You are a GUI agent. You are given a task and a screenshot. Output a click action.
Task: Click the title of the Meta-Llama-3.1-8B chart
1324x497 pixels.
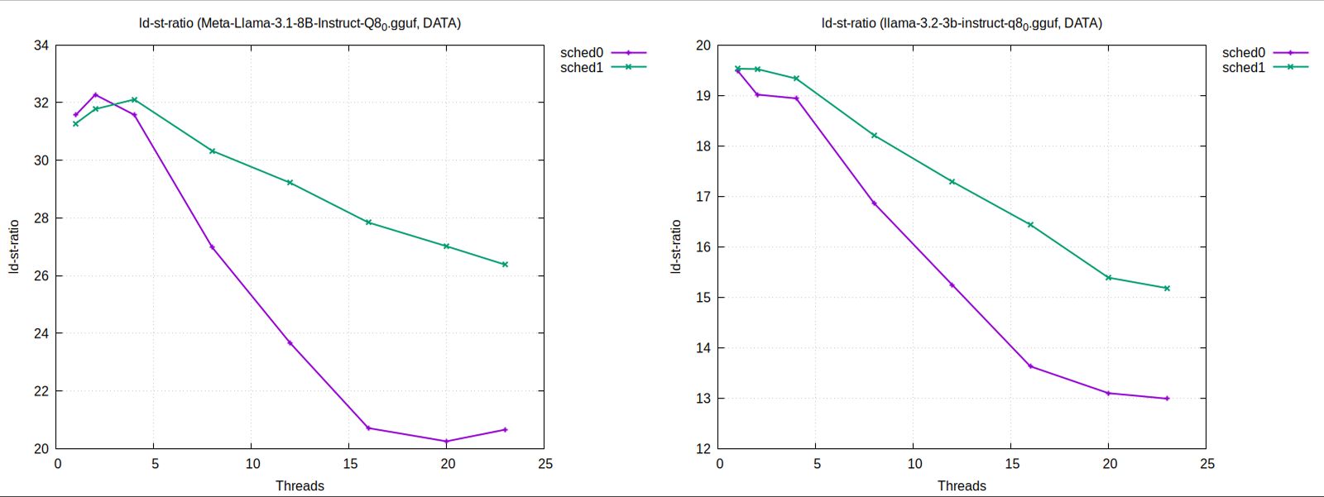[300, 23]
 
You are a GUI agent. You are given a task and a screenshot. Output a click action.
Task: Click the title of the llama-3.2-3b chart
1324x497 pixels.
[962, 23]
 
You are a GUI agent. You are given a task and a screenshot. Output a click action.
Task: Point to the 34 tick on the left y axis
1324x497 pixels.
[41, 45]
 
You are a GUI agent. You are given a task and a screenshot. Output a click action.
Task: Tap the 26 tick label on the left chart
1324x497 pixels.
[41, 275]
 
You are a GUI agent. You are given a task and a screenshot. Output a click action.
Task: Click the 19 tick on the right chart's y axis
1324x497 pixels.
[703, 96]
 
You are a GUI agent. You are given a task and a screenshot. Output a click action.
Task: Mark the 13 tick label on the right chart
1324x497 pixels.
[703, 399]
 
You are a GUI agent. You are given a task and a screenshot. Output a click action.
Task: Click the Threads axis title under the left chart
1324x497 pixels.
[300, 485]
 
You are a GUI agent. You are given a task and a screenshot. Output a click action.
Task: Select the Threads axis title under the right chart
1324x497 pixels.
[962, 485]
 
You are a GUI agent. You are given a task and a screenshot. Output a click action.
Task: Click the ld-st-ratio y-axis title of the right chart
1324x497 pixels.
[676, 246]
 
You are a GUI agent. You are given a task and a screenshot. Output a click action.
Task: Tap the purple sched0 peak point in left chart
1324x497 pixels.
[95, 95]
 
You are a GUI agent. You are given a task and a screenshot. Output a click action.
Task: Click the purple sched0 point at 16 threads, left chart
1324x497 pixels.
[368, 428]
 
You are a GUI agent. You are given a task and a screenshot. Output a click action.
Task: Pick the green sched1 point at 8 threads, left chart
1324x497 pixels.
[213, 151]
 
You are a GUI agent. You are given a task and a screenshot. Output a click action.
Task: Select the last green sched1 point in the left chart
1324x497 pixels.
[505, 265]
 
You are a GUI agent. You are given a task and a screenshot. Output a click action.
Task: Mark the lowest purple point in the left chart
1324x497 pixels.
[447, 442]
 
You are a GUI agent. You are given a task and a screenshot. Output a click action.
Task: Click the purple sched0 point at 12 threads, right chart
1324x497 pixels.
[952, 285]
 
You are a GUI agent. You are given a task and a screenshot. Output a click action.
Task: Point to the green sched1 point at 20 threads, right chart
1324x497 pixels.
[1108, 278]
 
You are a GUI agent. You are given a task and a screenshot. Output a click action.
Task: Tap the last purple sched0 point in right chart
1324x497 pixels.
[1167, 399]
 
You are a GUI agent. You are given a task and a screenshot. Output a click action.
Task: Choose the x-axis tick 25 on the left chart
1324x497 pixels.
[544, 464]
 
